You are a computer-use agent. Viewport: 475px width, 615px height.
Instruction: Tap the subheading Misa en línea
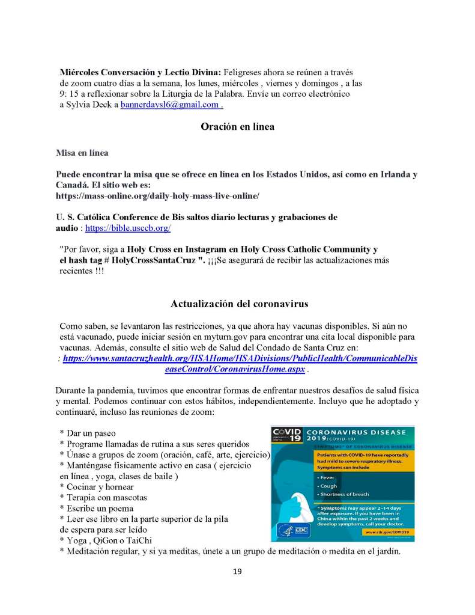pyautogui.click(x=82, y=153)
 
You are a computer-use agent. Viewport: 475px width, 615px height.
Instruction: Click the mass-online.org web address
pyautogui.click(x=157, y=196)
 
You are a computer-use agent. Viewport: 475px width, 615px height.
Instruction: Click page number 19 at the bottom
pyautogui.click(x=237, y=571)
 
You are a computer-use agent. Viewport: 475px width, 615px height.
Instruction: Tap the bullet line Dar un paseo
pyautogui.click(x=88, y=433)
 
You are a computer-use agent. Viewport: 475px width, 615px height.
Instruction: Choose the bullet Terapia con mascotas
pyautogui.click(x=103, y=497)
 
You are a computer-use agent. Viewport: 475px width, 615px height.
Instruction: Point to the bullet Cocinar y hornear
pyautogui.click(x=97, y=486)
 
